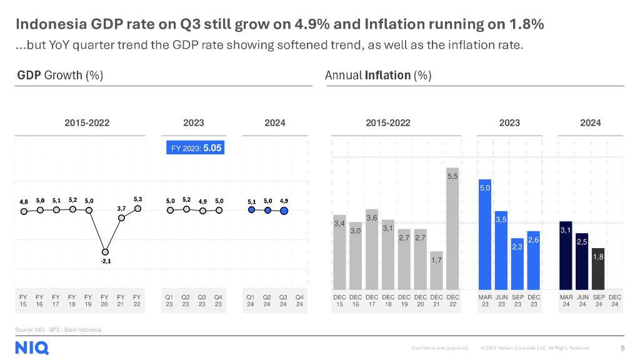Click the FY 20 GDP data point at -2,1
104,251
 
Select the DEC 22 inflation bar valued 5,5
452,227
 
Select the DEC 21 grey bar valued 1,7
436,269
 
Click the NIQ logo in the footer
32,348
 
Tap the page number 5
622,347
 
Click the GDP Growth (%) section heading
60,76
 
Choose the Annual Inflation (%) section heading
378,76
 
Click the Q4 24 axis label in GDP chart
299,301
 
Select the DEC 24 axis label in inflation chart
615,301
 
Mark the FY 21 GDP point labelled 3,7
122,217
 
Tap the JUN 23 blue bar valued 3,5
501,249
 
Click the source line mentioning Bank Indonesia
58,329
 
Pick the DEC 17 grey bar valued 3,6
372,248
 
